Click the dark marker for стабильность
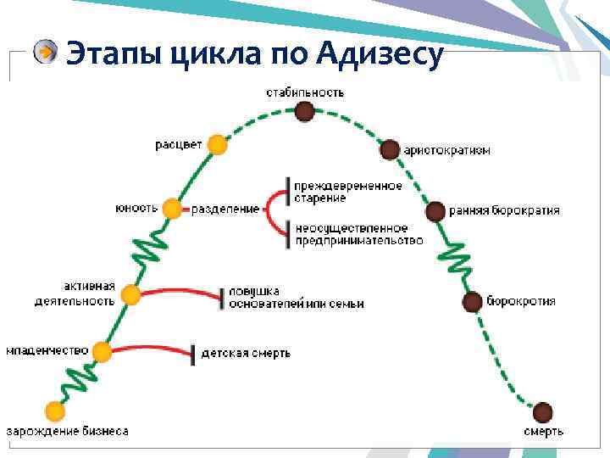click(x=305, y=111)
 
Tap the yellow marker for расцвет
click(x=218, y=144)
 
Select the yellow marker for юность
click(x=172, y=208)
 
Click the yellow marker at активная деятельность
click(x=130, y=294)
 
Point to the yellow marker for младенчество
click(x=103, y=351)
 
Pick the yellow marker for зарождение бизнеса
click(x=56, y=411)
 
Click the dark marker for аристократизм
click(x=389, y=150)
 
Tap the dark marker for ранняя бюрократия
click(x=435, y=211)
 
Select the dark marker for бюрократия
click(x=472, y=301)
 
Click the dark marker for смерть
click(x=542, y=413)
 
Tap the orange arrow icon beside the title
click(x=45, y=53)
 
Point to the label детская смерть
click(x=246, y=353)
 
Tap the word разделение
click(x=225, y=209)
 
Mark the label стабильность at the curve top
click(x=305, y=92)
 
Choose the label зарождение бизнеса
click(x=69, y=431)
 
